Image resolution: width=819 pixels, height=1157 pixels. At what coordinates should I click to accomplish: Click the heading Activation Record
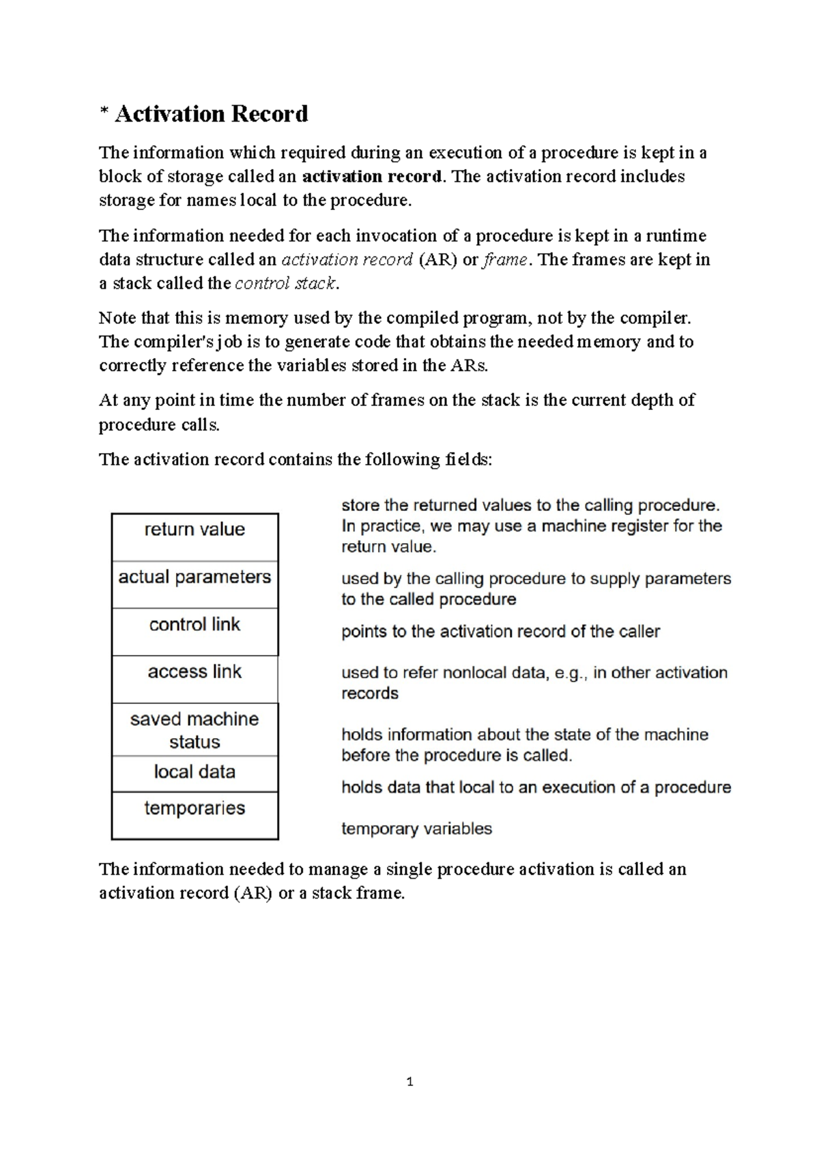pyautogui.click(x=212, y=113)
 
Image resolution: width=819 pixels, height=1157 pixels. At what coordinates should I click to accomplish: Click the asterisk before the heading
pyautogui.click(x=104, y=113)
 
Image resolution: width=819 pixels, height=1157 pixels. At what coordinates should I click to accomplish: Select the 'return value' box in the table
pyautogui.click(x=195, y=537)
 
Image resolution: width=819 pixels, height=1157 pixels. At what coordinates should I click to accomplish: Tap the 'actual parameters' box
pyautogui.click(x=195, y=584)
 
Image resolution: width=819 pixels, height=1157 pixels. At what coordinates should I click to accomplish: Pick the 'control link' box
pyautogui.click(x=195, y=632)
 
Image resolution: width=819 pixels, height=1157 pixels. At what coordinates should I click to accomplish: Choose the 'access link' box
pyautogui.click(x=195, y=679)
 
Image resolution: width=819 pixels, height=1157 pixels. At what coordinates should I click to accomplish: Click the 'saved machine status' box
pyautogui.click(x=195, y=729)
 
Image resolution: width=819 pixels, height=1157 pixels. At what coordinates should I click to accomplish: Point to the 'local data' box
pyautogui.click(x=195, y=773)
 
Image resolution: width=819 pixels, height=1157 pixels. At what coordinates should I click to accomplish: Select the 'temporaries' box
pyautogui.click(x=195, y=815)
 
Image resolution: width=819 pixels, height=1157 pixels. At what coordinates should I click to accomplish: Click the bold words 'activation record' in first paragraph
pyautogui.click(x=372, y=177)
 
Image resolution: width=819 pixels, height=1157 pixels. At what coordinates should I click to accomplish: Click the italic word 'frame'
pyautogui.click(x=504, y=260)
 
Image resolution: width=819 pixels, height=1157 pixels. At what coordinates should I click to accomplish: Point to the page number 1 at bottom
pyautogui.click(x=409, y=1081)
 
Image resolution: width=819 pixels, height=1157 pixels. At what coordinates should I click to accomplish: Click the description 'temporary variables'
pyautogui.click(x=416, y=829)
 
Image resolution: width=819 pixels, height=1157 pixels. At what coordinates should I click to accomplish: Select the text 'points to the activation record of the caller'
pyautogui.click(x=500, y=632)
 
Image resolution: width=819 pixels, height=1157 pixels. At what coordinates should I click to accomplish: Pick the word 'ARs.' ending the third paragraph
pyautogui.click(x=469, y=366)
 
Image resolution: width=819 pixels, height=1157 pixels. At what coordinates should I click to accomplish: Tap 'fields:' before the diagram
pyautogui.click(x=468, y=459)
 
